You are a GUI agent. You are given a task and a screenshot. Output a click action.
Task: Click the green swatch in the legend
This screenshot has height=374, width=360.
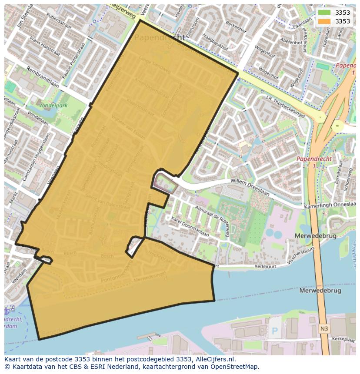point(324,13)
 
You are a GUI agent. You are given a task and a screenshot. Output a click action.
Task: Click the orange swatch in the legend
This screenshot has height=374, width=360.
point(324,21)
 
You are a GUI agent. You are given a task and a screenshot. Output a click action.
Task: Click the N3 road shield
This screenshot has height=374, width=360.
point(324,329)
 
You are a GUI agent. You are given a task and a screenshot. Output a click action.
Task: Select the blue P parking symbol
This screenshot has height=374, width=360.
point(275,331)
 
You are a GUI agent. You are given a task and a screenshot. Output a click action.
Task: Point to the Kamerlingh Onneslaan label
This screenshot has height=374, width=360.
point(330,206)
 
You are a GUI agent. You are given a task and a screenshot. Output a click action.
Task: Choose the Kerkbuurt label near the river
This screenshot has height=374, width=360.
point(266,265)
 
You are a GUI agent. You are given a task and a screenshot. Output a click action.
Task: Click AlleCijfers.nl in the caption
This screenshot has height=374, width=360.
point(213,359)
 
